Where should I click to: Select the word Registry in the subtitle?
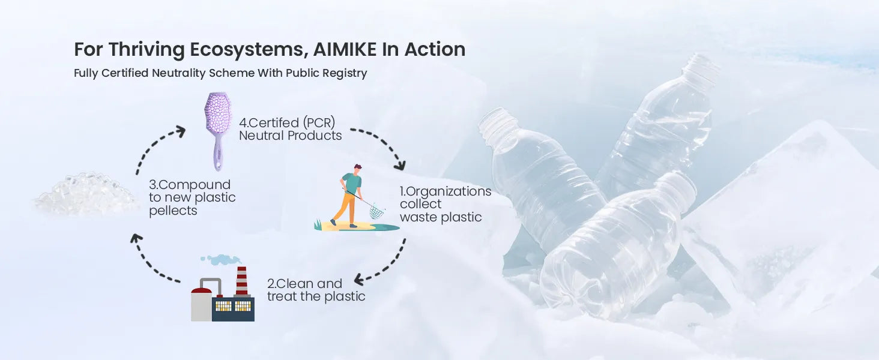pyautogui.click(x=345, y=73)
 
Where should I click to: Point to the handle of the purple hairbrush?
pyautogui.click(x=218, y=155)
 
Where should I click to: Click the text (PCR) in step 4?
pyautogui.click(x=319, y=123)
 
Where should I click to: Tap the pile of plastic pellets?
pyautogui.click(x=86, y=194)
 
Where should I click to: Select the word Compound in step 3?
pyautogui.click(x=195, y=185)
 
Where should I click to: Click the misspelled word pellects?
pyautogui.click(x=173, y=211)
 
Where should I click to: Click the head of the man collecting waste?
pyautogui.click(x=357, y=169)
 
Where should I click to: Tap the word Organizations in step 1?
pyautogui.click(x=449, y=191)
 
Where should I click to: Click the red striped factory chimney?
pyautogui.click(x=242, y=281)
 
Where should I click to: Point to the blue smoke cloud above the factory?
pyautogui.click(x=220, y=259)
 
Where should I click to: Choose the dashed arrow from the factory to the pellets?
pyautogui.click(x=148, y=263)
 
